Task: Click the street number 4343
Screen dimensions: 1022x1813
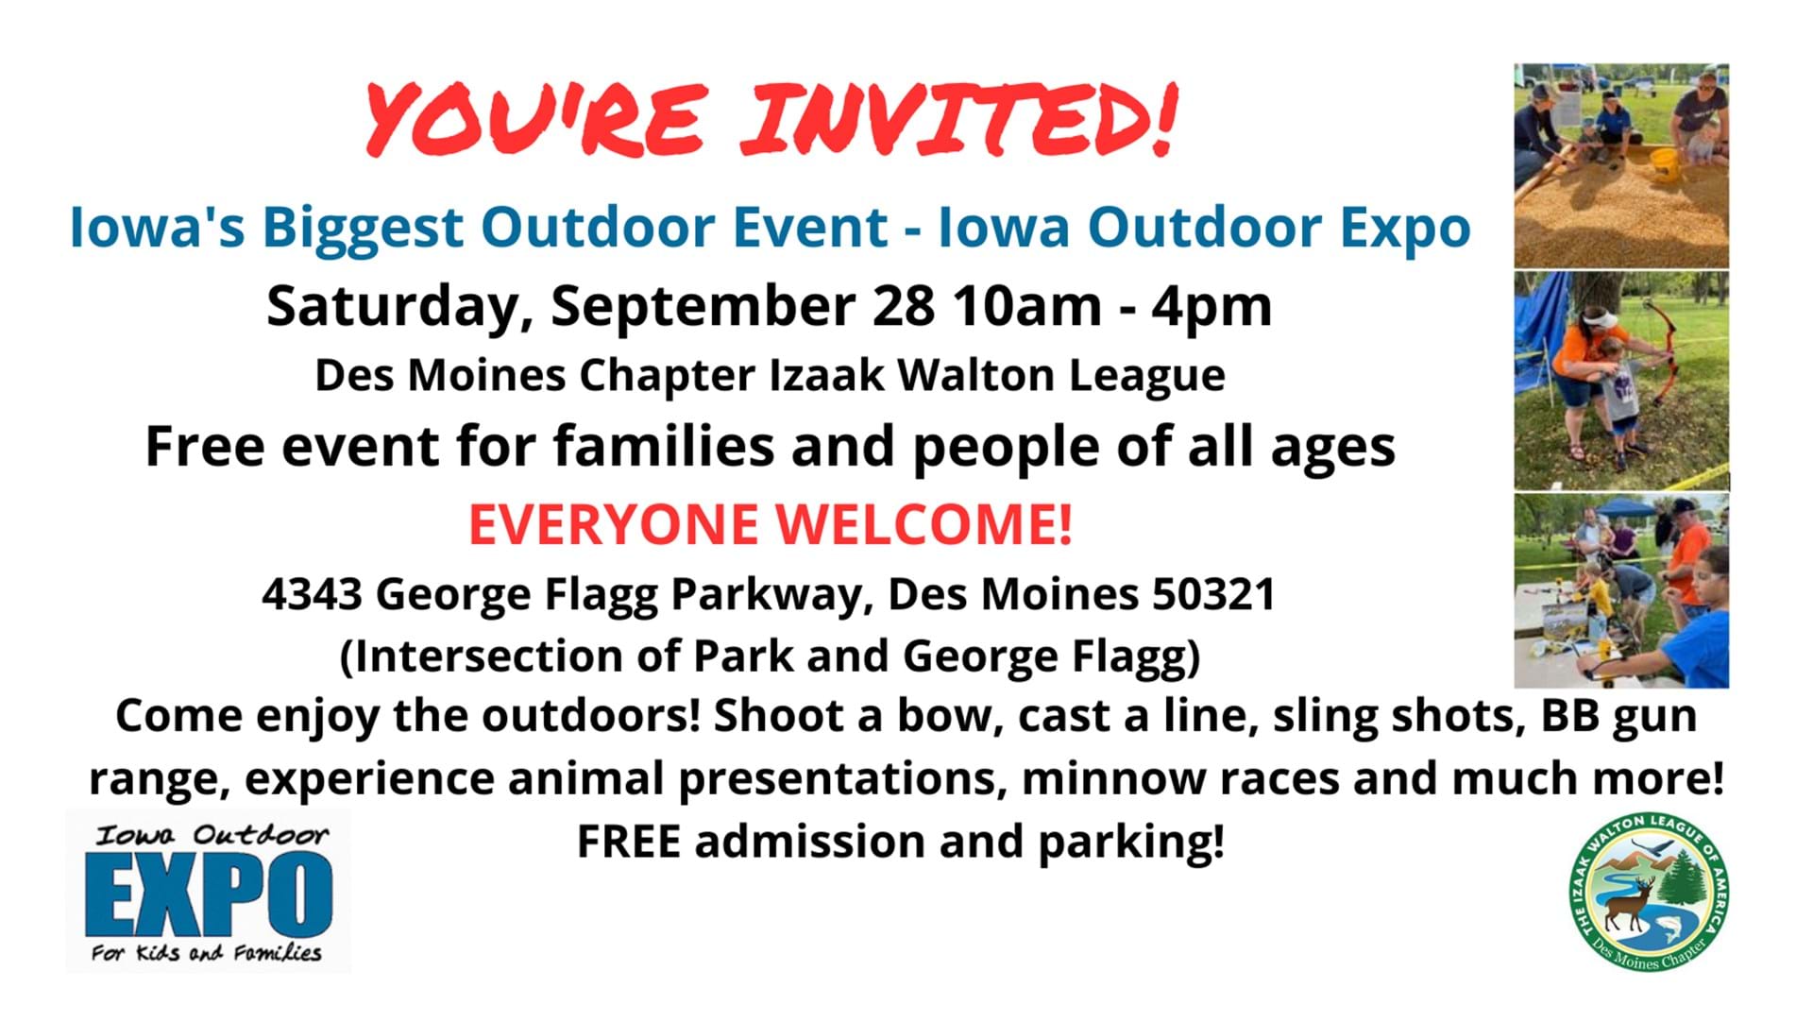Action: coord(312,594)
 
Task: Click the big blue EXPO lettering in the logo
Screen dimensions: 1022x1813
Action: coord(208,893)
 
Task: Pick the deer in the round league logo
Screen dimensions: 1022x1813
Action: coord(1632,902)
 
